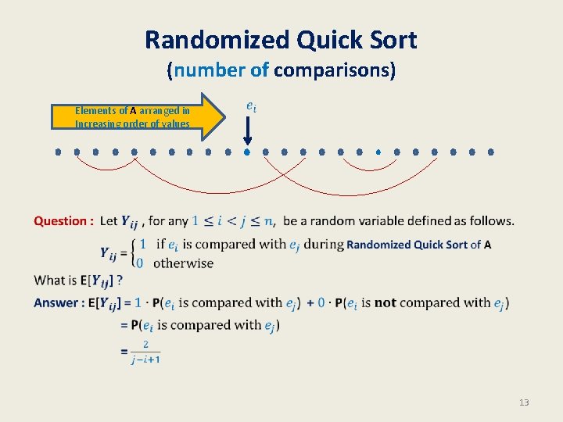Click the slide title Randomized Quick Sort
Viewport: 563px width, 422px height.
pyautogui.click(x=281, y=39)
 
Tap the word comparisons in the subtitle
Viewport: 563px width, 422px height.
pyautogui.click(x=335, y=70)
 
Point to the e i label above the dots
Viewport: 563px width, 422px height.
pyautogui.click(x=249, y=105)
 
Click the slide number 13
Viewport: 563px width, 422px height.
pyautogui.click(x=523, y=402)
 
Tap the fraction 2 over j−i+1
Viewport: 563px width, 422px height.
pyautogui.click(x=145, y=352)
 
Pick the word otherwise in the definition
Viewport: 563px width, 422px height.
pyautogui.click(x=183, y=263)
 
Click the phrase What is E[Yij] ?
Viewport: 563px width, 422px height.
pyautogui.click(x=78, y=280)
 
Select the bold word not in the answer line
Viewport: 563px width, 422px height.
pyautogui.click(x=385, y=303)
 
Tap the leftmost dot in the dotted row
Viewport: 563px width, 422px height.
pyautogui.click(x=58, y=152)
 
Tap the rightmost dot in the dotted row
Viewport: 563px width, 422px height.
pyautogui.click(x=491, y=152)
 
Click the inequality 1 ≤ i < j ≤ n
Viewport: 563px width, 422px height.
pyautogui.click(x=232, y=221)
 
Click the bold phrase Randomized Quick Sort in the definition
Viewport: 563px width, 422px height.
pyautogui.click(x=407, y=245)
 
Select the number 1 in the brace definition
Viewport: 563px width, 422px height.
pyautogui.click(x=143, y=244)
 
